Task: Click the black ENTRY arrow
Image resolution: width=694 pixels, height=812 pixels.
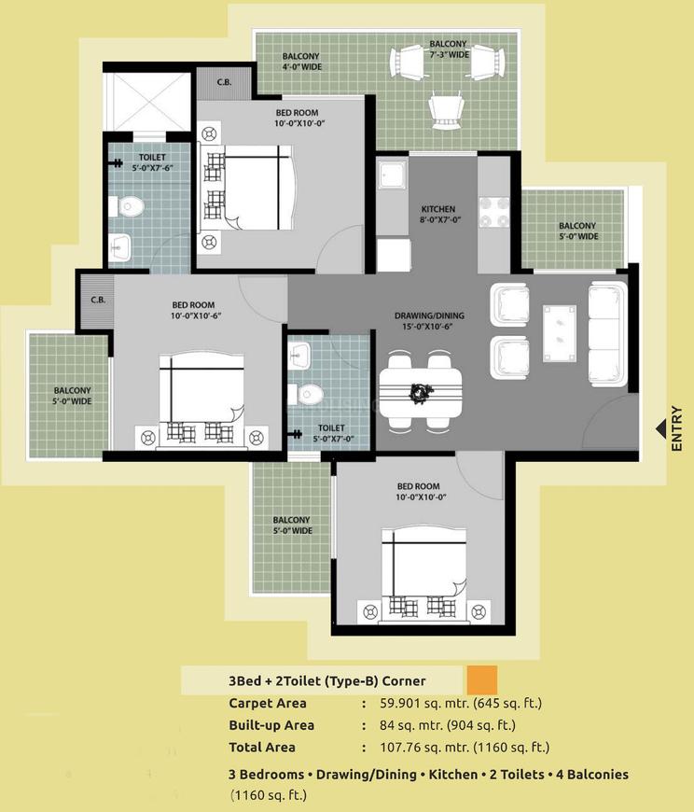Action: (x=661, y=427)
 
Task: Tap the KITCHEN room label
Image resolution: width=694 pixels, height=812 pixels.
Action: (x=437, y=209)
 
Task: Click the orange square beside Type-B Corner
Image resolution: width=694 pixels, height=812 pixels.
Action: (x=481, y=679)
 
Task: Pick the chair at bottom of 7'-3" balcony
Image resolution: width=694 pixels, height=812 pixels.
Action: (x=446, y=111)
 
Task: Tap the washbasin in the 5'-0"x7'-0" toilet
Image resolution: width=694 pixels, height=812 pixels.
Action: (x=299, y=356)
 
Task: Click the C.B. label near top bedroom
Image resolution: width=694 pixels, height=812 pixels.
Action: (x=224, y=82)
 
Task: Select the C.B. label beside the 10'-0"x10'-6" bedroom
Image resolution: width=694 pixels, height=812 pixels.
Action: (x=97, y=301)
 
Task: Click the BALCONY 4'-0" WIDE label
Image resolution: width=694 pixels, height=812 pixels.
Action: (x=302, y=61)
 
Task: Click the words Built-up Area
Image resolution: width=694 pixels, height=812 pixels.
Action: (x=271, y=725)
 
